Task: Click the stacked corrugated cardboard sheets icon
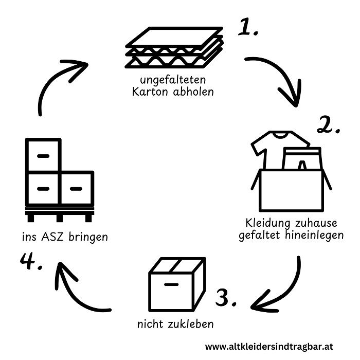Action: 174,49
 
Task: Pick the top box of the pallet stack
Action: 44,155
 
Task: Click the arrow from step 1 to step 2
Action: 278,78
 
